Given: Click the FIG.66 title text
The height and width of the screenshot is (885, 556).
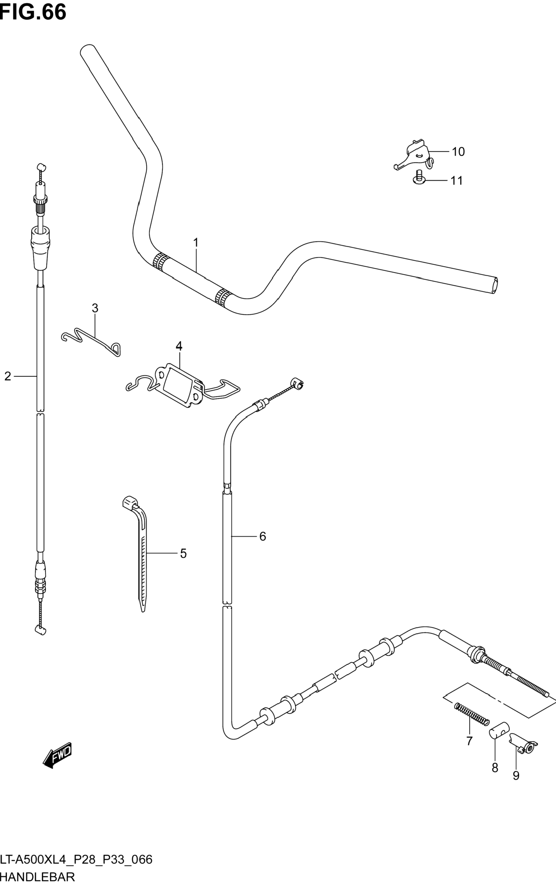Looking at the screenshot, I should tap(33, 12).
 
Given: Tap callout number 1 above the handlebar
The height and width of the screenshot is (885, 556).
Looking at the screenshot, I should tap(196, 243).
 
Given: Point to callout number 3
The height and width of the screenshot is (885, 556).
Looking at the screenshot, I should tap(95, 308).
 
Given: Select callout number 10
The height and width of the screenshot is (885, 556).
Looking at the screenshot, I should tap(458, 151).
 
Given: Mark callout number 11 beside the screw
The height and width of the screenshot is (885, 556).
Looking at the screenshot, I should tap(457, 180).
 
